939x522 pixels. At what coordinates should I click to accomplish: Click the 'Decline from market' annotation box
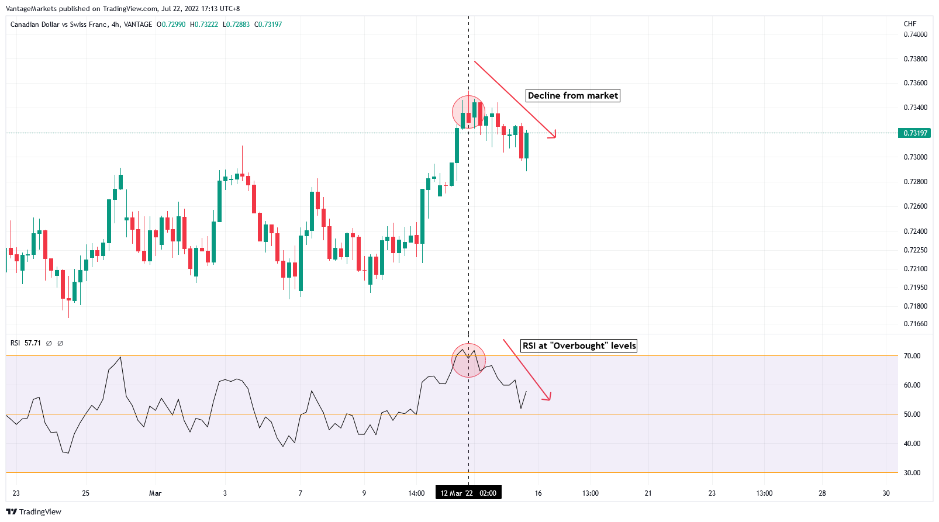pyautogui.click(x=572, y=96)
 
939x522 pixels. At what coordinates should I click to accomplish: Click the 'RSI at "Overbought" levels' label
pyautogui.click(x=579, y=346)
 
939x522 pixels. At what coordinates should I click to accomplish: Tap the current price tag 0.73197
pyautogui.click(x=914, y=133)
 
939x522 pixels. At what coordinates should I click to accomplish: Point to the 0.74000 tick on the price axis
pyautogui.click(x=915, y=34)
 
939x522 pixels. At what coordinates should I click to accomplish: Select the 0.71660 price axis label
pyautogui.click(x=915, y=324)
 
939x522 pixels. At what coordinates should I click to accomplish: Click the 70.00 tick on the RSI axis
pyautogui.click(x=912, y=356)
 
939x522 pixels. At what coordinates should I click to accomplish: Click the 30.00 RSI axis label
pyautogui.click(x=912, y=473)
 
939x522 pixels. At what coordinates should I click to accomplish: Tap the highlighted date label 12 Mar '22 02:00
pyautogui.click(x=468, y=493)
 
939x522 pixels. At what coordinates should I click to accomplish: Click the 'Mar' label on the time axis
pyautogui.click(x=155, y=493)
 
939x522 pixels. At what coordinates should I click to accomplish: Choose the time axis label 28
pyautogui.click(x=822, y=493)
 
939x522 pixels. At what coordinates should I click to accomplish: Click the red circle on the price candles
pyautogui.click(x=468, y=112)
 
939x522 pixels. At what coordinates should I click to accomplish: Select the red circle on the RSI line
pyautogui.click(x=468, y=360)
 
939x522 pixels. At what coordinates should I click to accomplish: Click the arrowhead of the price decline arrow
pyautogui.click(x=553, y=136)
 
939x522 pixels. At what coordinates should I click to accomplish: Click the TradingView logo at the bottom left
pyautogui.click(x=34, y=512)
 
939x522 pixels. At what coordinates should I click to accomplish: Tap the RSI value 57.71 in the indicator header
pyautogui.click(x=33, y=343)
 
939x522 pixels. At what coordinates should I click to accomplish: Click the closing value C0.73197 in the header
pyautogui.click(x=268, y=25)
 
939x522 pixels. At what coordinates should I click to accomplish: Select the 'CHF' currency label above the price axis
pyautogui.click(x=910, y=24)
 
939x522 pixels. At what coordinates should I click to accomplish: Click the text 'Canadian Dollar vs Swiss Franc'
pyautogui.click(x=58, y=25)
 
